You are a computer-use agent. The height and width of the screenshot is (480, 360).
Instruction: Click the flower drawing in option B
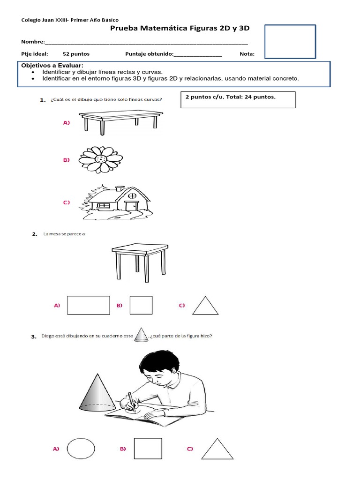pyautogui.click(x=100, y=160)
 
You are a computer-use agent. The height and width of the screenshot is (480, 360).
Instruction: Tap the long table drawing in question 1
pyautogui.click(x=119, y=121)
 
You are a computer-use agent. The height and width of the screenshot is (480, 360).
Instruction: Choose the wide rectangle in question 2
pyautogui.click(x=89, y=305)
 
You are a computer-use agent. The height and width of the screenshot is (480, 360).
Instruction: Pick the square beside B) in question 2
pyautogui.click(x=141, y=305)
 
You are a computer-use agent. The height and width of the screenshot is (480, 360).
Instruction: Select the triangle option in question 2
pyautogui.click(x=205, y=306)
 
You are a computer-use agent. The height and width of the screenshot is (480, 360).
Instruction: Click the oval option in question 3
pyautogui.click(x=81, y=449)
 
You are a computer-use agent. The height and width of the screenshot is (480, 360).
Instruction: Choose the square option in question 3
pyautogui.click(x=148, y=449)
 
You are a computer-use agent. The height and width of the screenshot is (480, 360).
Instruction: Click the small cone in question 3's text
pyautogui.click(x=141, y=336)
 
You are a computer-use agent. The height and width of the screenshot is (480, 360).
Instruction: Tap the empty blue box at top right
pyautogui.click(x=290, y=42)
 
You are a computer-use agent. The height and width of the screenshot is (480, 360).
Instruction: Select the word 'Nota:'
pyautogui.click(x=247, y=54)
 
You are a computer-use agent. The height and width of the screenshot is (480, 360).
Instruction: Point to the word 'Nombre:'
pyautogui.click(x=33, y=42)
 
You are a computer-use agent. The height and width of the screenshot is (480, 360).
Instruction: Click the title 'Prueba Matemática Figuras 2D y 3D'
pyautogui.click(x=180, y=29)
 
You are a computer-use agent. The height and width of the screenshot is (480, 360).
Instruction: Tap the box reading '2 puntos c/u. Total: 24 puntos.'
pyautogui.click(x=238, y=99)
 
